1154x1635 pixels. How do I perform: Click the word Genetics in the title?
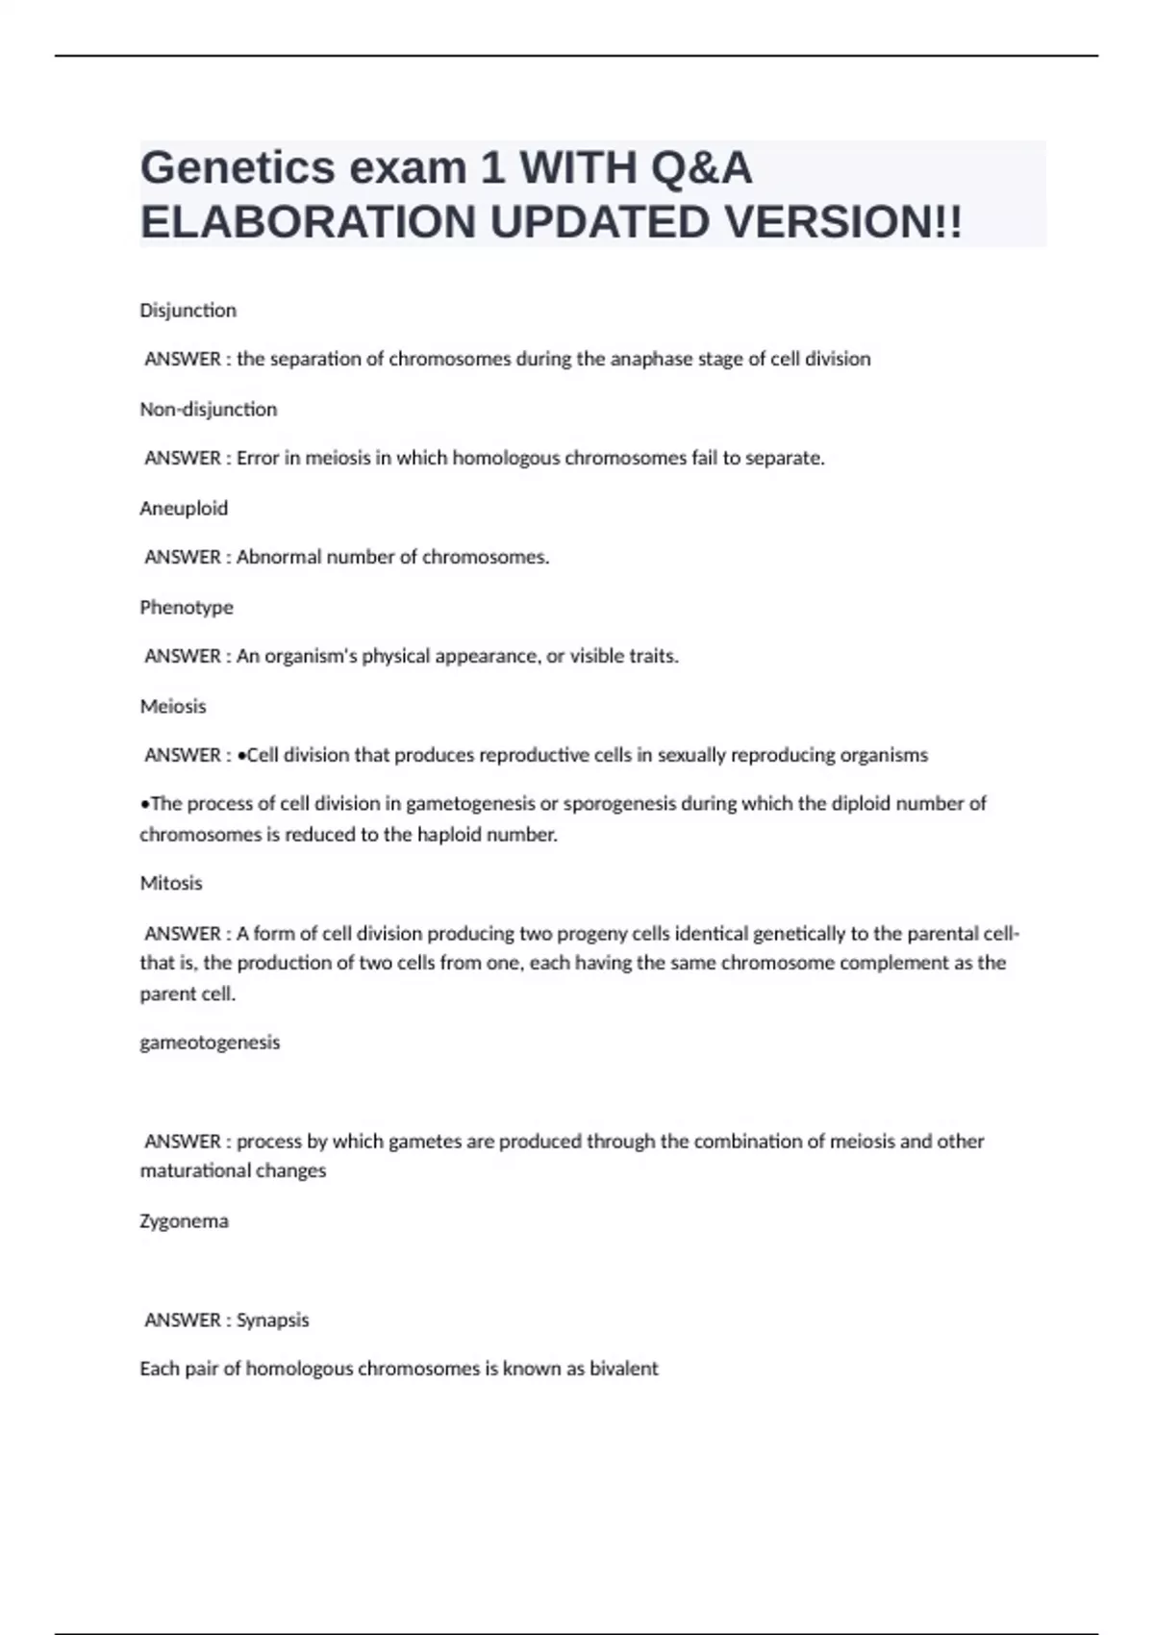coord(237,168)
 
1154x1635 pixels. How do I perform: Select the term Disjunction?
coord(188,311)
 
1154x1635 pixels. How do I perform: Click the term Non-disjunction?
coord(208,410)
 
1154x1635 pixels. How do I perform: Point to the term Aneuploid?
coord(184,509)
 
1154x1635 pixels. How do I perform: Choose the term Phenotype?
coord(187,608)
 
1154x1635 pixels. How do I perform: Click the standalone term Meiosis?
coord(173,707)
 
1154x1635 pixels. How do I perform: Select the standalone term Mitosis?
coord(171,883)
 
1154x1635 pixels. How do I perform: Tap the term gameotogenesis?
coord(210,1043)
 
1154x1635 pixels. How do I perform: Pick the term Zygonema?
coord(184,1221)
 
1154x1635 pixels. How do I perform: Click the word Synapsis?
coord(272,1321)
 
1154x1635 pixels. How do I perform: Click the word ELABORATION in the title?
coord(309,223)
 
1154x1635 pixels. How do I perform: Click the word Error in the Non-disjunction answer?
coord(257,459)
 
